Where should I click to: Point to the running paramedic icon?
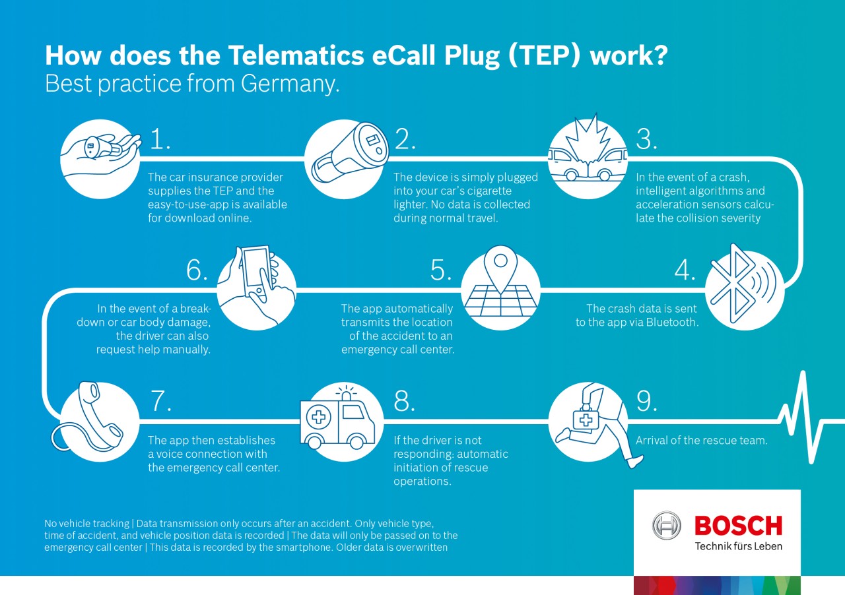591,422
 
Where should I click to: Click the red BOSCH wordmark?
738,526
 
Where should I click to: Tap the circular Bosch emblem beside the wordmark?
667,526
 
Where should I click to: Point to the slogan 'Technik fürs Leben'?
738,546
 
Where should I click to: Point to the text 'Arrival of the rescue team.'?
702,440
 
